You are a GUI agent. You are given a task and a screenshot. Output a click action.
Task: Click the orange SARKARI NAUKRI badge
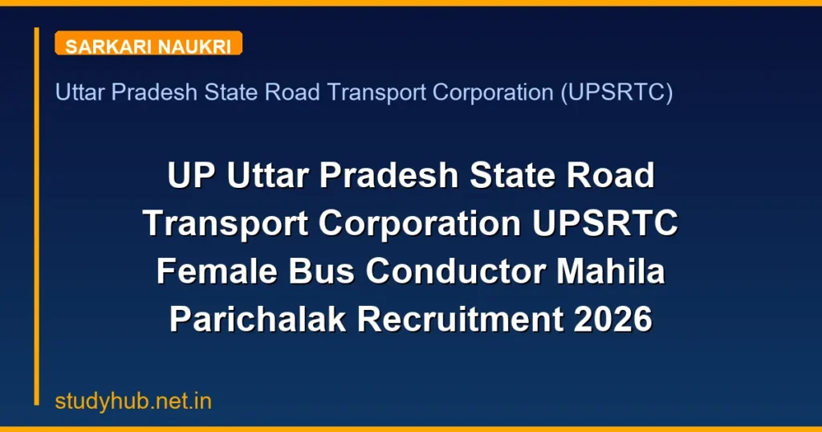(x=149, y=45)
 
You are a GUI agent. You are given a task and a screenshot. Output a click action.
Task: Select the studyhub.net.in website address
(x=133, y=401)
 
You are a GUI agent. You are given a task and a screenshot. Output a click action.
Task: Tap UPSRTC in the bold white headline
(x=605, y=223)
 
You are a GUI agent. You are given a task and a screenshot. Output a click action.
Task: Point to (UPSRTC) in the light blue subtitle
(x=616, y=93)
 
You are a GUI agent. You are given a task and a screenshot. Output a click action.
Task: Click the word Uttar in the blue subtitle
(x=80, y=93)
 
